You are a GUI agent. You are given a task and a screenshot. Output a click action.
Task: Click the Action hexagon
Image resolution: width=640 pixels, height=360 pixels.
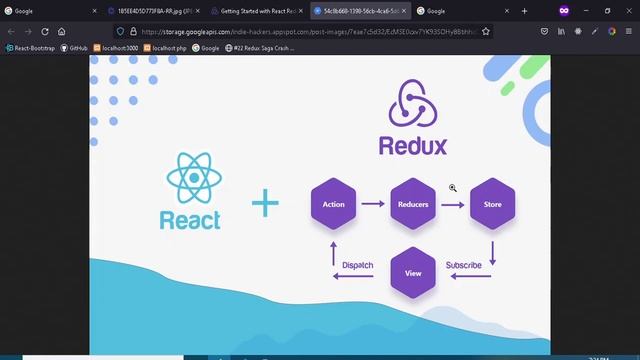point(333,204)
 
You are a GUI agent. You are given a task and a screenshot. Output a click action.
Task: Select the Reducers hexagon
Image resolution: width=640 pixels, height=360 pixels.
point(413,204)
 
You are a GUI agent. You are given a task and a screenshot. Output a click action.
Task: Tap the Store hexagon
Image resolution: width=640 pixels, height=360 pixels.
point(492,204)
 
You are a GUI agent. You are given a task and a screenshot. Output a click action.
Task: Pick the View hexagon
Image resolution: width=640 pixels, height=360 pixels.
point(413,272)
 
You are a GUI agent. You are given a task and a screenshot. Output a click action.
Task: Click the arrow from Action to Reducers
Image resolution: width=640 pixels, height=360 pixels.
point(373,204)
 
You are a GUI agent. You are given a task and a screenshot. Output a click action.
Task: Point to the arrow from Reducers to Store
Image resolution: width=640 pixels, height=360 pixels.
point(452,204)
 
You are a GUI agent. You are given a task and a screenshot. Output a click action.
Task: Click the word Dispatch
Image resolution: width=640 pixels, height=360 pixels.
point(357,265)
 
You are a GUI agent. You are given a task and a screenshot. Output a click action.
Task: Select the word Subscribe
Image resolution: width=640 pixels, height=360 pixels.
point(463,265)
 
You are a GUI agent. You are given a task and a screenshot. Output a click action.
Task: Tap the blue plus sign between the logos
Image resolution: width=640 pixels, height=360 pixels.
point(265,204)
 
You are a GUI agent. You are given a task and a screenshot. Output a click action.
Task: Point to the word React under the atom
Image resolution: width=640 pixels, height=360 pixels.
point(190,220)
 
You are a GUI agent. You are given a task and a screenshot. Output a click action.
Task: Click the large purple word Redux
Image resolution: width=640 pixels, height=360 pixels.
point(412,146)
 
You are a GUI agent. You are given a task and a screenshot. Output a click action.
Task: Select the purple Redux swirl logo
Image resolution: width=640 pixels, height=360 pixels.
point(412,104)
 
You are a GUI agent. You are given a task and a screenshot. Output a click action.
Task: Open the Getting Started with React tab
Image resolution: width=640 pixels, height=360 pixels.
point(257,11)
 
